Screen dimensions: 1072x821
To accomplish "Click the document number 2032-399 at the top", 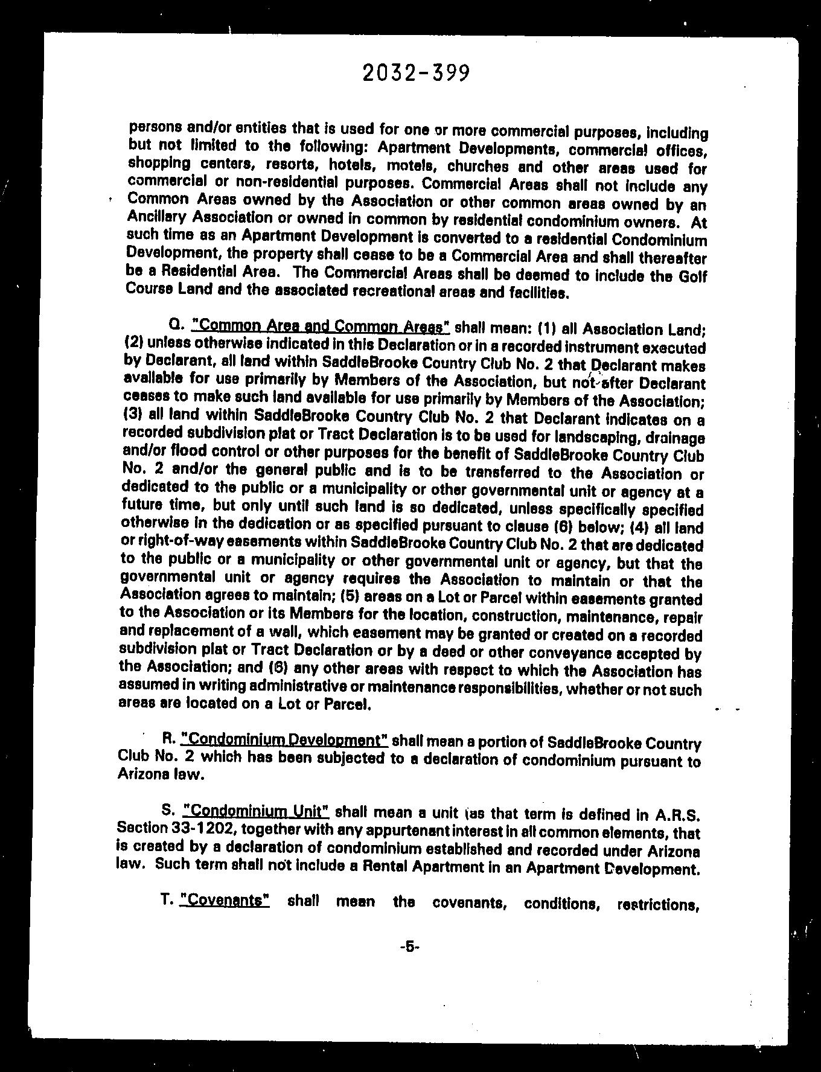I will click(416, 73).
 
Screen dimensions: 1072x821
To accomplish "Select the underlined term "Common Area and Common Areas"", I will click(321, 326).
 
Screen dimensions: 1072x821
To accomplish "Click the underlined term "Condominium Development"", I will click(284, 740).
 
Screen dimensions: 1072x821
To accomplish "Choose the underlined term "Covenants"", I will click(225, 900).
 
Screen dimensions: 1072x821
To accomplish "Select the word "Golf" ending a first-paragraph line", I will click(692, 276).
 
